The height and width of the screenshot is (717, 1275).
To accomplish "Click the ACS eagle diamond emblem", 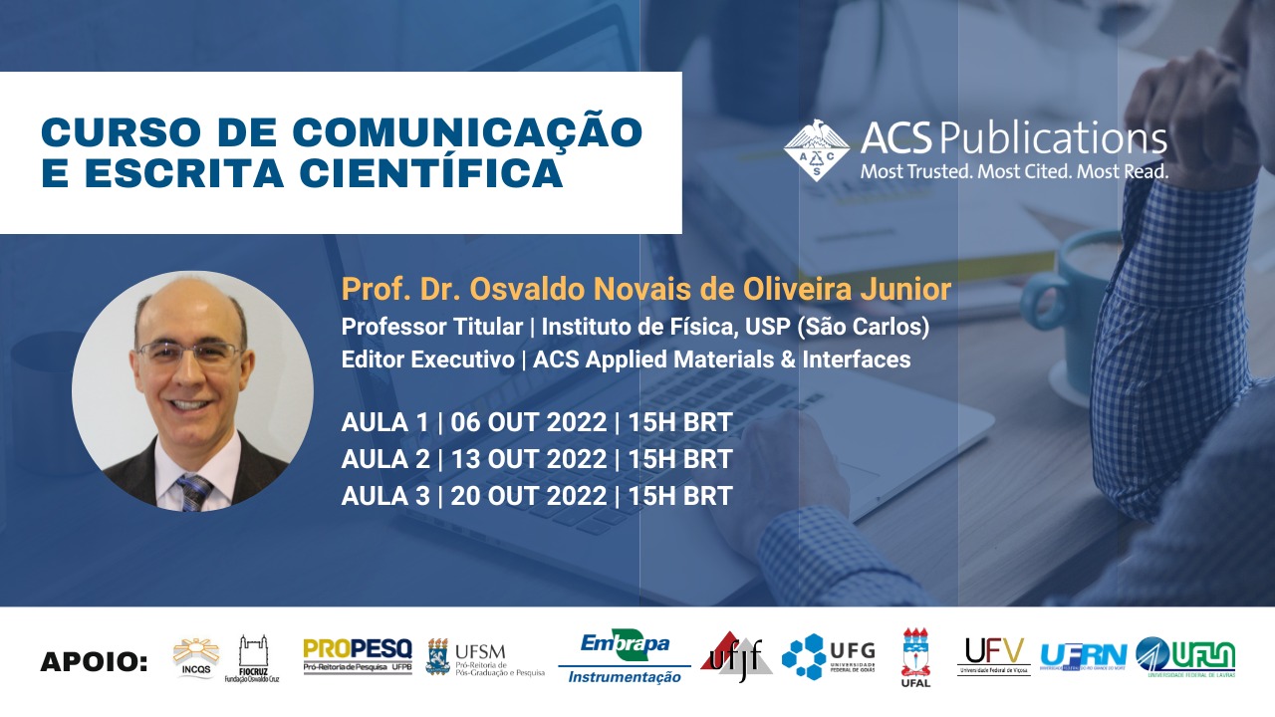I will coord(816,150).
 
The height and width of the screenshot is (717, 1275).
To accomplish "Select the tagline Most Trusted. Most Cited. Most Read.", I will coord(1014,172).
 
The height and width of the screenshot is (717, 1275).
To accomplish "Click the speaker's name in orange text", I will coord(645,290).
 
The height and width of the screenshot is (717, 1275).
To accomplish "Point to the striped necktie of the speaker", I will coord(194,490).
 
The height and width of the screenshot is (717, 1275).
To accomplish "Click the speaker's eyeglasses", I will coord(190,353).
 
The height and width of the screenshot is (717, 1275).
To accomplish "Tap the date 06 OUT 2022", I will coord(529,422).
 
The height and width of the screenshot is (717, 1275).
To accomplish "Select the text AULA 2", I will coord(384,459).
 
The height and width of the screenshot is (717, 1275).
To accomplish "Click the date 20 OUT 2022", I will coord(529,495).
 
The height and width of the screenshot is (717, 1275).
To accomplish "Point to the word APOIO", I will coord(94,662).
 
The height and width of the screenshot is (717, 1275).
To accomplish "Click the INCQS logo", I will coord(194,657).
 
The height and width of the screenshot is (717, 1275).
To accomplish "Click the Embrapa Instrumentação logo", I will coord(625,657).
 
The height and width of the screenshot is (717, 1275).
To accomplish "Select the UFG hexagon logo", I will coord(828,657).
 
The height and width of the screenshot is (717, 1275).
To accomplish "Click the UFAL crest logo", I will coord(915,657).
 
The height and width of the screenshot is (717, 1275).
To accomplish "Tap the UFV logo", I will coord(993,656).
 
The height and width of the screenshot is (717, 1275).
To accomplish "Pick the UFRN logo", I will coord(1083,656).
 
